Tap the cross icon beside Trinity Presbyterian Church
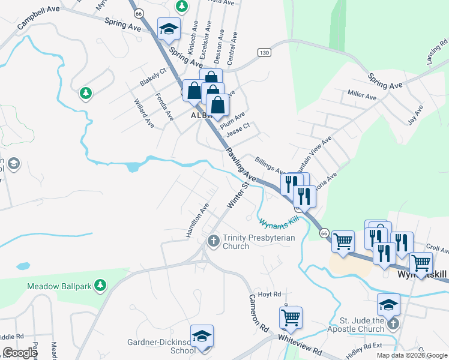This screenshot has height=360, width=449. click(x=213, y=241)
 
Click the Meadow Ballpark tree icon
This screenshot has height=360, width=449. click(x=101, y=286)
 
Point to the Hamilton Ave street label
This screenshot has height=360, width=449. click(x=197, y=220)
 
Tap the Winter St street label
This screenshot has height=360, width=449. click(x=237, y=197)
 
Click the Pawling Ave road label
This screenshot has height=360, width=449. click(x=241, y=166)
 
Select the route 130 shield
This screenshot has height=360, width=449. click(x=264, y=53)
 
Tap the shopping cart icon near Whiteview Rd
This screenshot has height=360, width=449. click(x=291, y=317)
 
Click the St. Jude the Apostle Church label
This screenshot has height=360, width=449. click(x=355, y=325)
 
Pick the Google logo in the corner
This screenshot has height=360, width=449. click(x=20, y=353)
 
